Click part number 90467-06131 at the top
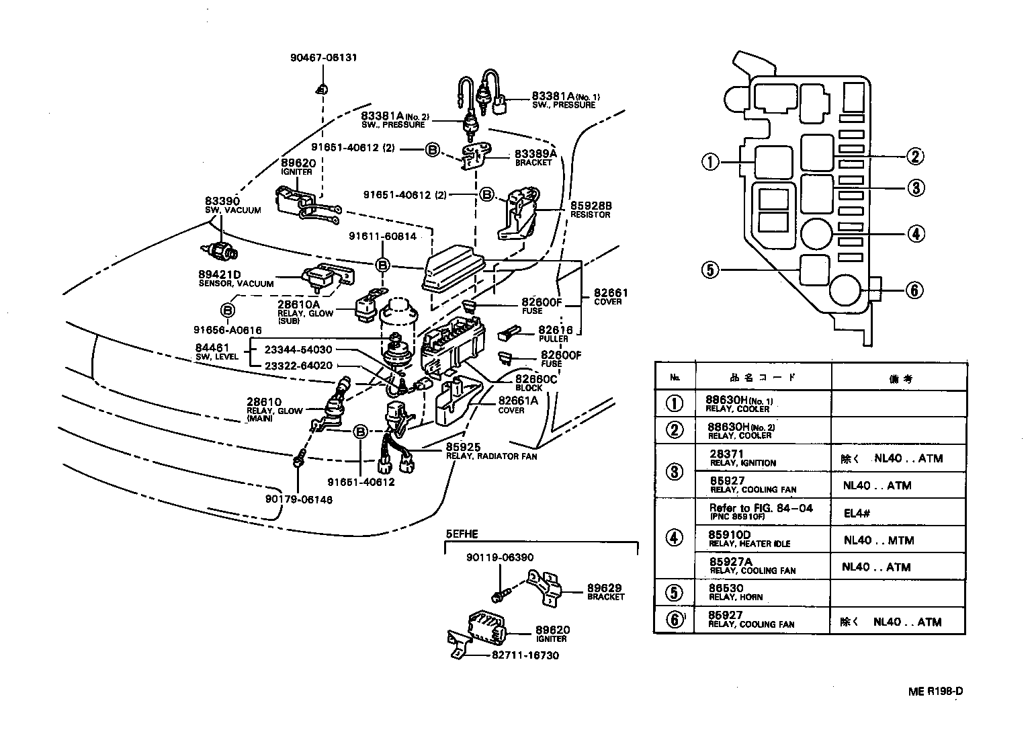323,58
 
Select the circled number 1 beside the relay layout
711,162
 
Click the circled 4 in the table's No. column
675,538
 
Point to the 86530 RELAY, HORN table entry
736,592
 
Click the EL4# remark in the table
857,513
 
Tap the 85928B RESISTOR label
590,210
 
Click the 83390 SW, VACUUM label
232,205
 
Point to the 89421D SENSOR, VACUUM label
236,279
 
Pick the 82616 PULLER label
555,334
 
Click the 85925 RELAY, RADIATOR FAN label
490,451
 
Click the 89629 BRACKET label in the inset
605,591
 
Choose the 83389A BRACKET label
534,157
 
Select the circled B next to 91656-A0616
228,310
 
